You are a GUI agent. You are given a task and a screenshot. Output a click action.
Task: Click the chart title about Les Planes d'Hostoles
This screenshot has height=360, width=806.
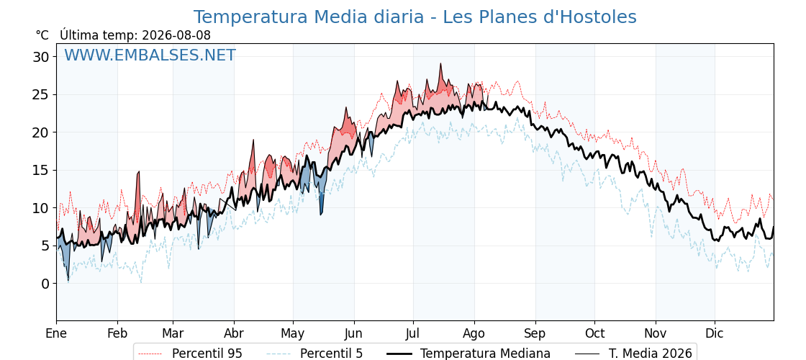[415, 17]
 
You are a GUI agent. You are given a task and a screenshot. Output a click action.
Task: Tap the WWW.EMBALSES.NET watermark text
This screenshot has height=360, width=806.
[150, 55]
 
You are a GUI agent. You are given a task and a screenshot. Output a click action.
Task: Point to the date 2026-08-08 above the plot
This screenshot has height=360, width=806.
[176, 35]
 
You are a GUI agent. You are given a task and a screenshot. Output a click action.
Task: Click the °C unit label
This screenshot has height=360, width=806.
[42, 35]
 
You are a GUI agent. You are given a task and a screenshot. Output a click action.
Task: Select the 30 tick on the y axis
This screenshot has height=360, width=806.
[42, 57]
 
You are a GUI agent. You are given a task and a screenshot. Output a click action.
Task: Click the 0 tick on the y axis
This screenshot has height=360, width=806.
[46, 284]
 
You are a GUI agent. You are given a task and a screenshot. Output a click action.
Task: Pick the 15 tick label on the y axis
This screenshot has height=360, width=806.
[42, 170]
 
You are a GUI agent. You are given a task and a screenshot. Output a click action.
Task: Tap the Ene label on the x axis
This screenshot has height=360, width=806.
[56, 333]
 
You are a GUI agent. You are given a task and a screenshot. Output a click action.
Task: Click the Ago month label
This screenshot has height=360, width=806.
[474, 333]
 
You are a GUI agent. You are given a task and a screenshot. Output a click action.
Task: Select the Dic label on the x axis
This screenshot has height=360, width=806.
[715, 333]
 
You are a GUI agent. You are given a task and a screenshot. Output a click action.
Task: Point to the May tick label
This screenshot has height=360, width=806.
[293, 333]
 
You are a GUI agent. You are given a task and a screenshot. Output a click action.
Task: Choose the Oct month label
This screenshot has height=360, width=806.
[594, 333]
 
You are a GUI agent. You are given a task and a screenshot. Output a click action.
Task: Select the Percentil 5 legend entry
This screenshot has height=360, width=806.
[315, 354]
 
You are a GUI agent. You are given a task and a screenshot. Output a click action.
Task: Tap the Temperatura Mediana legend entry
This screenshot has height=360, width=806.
[467, 354]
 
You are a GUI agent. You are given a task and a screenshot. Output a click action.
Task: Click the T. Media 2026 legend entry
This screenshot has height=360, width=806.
[634, 354]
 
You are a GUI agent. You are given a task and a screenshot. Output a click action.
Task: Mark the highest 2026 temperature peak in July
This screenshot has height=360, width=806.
[440, 64]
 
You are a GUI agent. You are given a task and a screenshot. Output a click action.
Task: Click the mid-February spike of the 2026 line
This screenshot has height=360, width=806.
[139, 172]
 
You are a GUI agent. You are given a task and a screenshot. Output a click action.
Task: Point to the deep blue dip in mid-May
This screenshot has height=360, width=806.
[321, 214]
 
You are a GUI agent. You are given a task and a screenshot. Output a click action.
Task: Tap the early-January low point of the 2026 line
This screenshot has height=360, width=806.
[68, 281]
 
